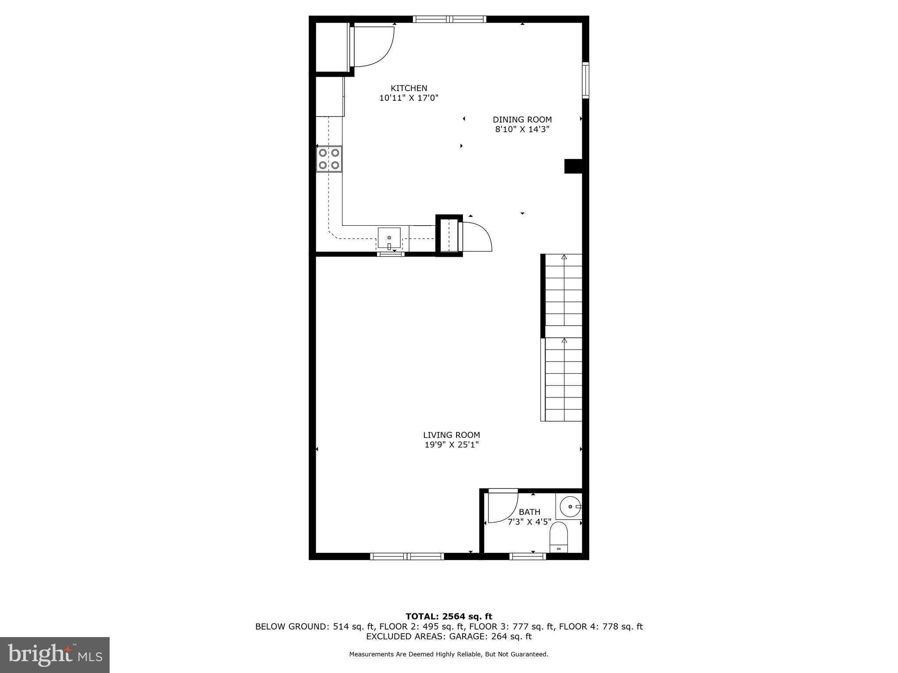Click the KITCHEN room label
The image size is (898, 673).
click(x=409, y=88)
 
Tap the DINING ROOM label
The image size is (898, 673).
click(x=522, y=120)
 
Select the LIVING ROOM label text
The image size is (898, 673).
click(x=451, y=435)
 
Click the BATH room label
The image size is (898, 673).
click(x=529, y=512)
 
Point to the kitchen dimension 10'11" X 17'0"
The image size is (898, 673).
click(x=409, y=98)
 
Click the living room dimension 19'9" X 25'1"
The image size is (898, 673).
click(x=451, y=445)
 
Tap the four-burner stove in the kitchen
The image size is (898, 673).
click(x=329, y=159)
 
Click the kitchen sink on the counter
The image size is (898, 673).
click(x=389, y=238)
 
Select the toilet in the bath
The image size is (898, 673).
click(x=559, y=537)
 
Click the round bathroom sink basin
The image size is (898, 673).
click(x=570, y=507)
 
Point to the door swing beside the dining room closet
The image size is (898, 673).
click(x=477, y=237)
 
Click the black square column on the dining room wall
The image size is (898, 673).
click(x=573, y=166)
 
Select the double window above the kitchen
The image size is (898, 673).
click(x=449, y=19)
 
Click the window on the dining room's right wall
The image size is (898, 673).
click(x=585, y=80)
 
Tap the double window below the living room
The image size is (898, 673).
click(x=407, y=556)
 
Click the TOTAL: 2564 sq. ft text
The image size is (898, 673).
click(x=449, y=617)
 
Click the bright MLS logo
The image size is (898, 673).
click(x=55, y=655)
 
